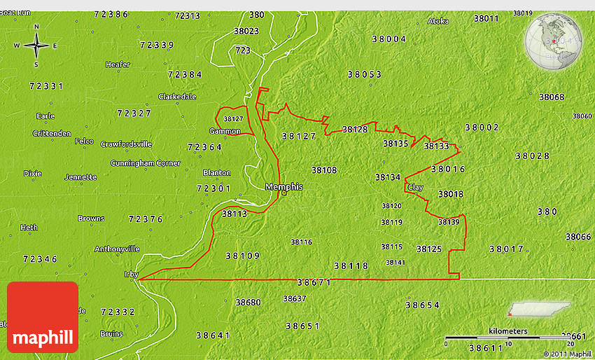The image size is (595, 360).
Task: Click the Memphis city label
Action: point(284,187)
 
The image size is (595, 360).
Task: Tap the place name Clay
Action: point(415,188)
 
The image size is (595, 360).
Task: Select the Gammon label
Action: point(225,131)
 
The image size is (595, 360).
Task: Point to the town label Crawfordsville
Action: point(126,144)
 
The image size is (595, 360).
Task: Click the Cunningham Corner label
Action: point(145,163)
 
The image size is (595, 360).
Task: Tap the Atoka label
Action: point(438,21)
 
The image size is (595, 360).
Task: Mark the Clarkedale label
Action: point(177,97)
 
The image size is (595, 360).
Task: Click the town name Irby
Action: point(131,275)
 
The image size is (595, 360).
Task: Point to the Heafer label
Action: point(118,64)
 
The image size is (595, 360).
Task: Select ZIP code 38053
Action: point(364,74)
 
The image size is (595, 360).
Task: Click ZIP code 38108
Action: point(324,169)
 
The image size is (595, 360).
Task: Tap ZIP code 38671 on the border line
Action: point(313,282)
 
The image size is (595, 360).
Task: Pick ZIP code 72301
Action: point(213,188)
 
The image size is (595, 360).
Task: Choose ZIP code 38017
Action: point(506,249)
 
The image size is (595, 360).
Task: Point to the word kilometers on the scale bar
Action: point(508,331)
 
